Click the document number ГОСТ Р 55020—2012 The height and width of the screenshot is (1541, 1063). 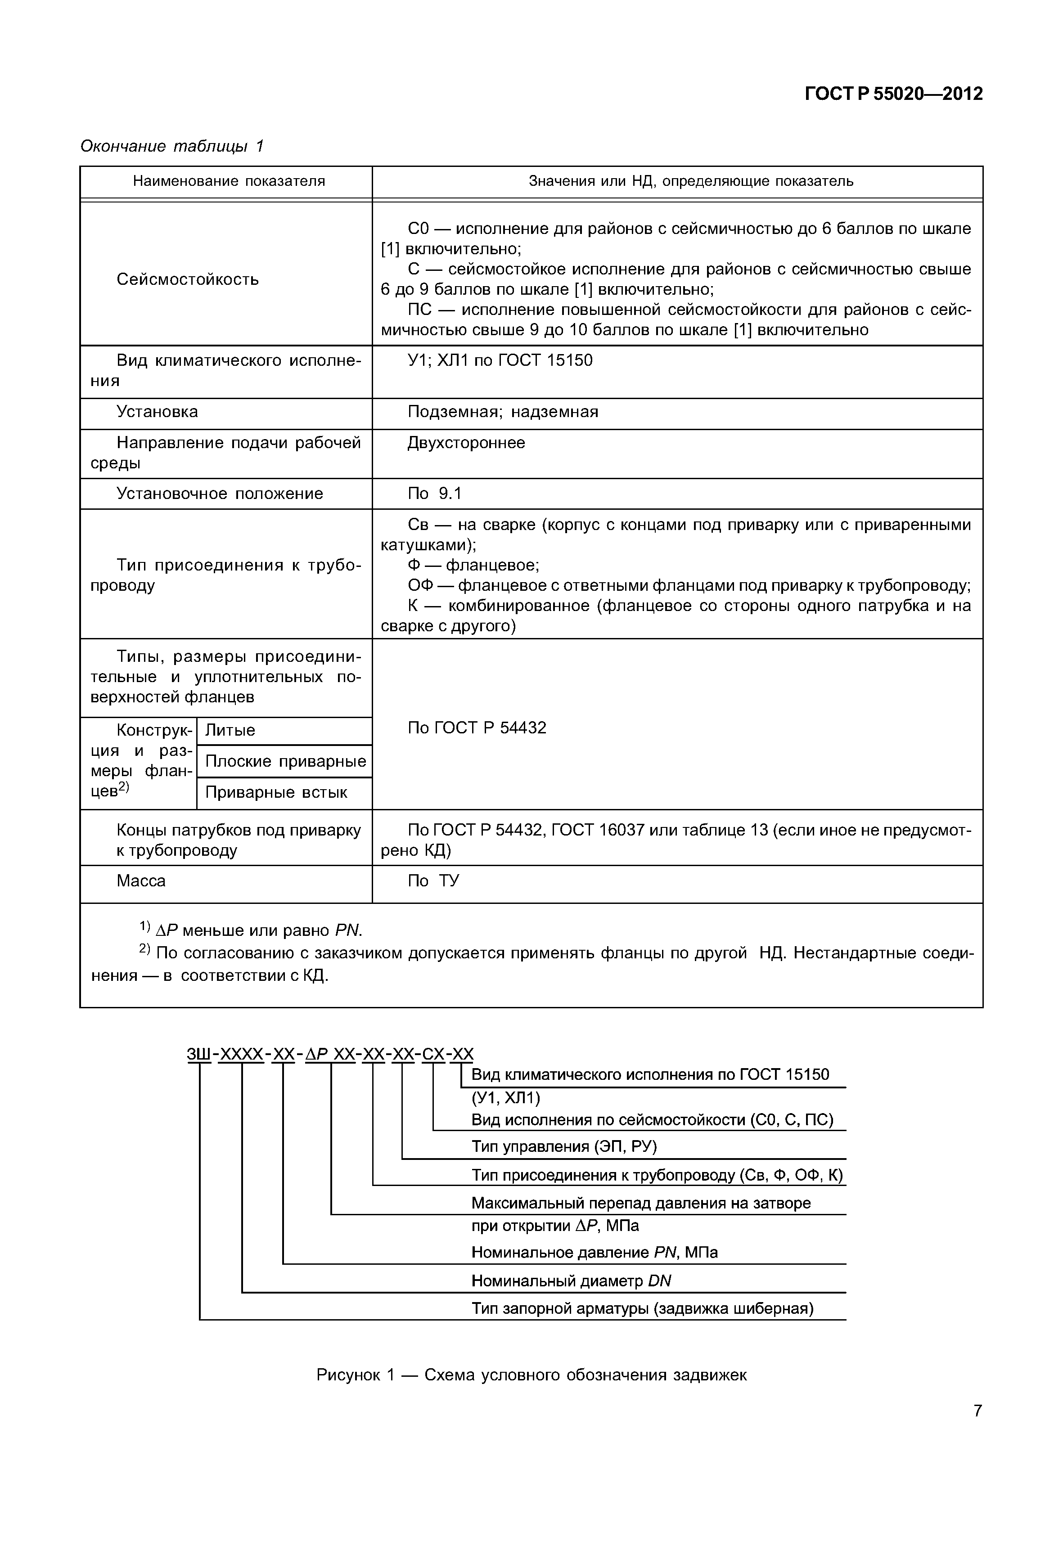893,94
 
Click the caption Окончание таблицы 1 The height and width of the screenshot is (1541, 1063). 172,146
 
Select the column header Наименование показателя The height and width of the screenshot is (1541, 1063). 229,181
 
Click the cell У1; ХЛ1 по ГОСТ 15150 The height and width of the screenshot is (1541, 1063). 500,360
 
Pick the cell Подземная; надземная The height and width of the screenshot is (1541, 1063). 502,412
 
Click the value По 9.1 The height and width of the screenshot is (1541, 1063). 434,494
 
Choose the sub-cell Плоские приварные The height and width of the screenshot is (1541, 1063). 285,761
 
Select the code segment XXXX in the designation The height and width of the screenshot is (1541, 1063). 241,1054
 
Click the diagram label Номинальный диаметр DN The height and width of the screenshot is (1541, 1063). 571,1280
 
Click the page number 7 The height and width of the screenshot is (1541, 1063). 977,1411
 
